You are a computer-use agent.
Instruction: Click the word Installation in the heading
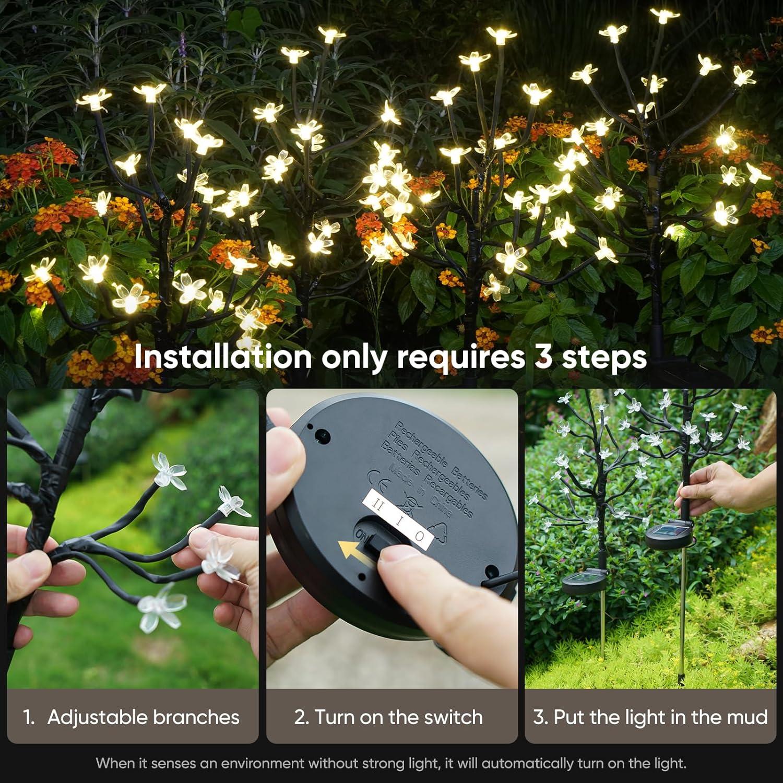pos(222,357)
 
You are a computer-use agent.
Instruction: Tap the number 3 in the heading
pos(543,357)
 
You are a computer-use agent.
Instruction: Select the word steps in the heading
pos(604,358)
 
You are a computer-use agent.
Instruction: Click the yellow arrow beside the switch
pos(350,551)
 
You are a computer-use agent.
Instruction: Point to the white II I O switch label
pos(398,518)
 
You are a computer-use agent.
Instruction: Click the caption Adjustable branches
pos(143,717)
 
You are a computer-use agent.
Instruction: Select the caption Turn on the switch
pos(388,717)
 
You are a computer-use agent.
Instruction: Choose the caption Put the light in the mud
pos(650,717)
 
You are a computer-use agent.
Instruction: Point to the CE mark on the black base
pos(378,478)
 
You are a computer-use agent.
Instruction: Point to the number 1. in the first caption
pos(29,717)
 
